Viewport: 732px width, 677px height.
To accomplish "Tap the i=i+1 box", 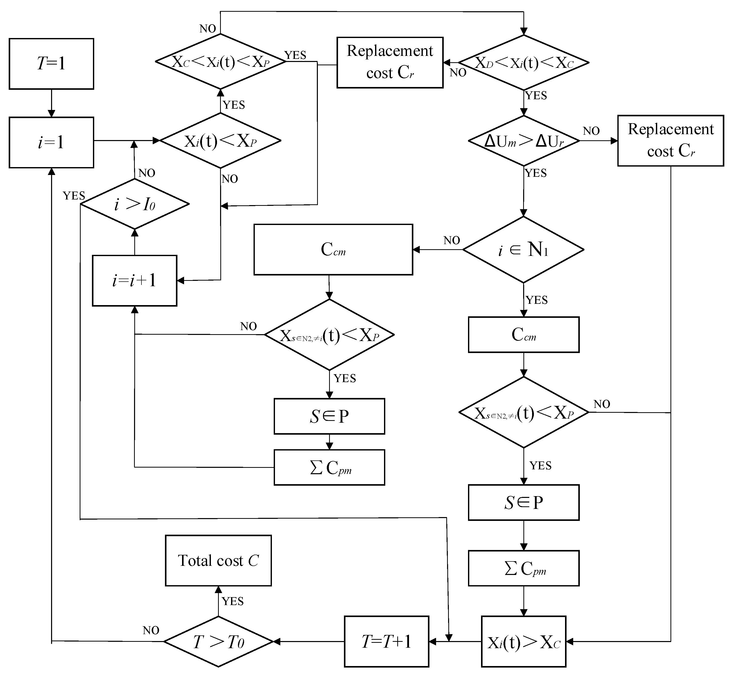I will [x=135, y=281].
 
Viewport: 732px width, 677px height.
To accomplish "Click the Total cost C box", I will [x=218, y=560].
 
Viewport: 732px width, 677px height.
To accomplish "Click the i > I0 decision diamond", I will [x=135, y=204].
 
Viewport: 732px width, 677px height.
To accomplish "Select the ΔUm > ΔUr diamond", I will [x=524, y=141].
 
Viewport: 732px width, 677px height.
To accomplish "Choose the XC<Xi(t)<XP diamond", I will [x=220, y=61].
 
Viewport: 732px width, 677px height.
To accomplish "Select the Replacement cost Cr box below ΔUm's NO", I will [x=670, y=141].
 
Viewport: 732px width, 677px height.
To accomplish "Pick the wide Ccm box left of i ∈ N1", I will [x=333, y=249].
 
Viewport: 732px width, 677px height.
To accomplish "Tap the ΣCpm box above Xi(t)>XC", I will [x=523, y=568].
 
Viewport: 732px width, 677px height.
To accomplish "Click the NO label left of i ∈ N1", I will [x=451, y=240].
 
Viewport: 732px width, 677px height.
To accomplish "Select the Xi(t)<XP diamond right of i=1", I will [x=220, y=141].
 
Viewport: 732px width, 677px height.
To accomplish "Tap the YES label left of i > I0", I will [x=74, y=196].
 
